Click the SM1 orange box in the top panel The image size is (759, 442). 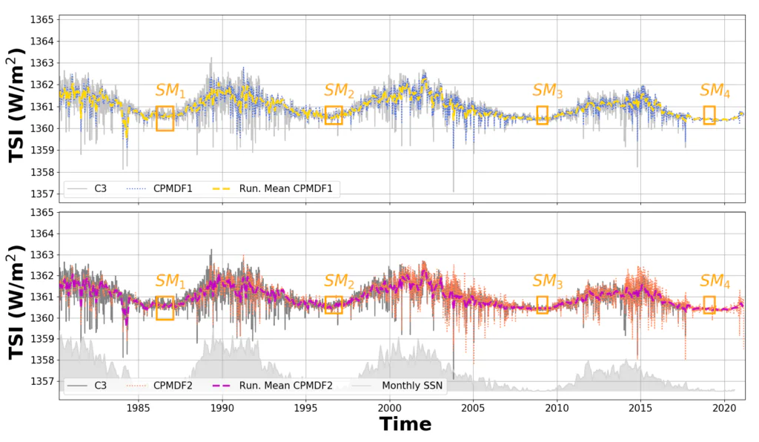(165, 119)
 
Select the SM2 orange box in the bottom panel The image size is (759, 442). (334, 305)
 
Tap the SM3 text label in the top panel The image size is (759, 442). (548, 90)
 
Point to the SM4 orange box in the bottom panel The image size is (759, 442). (709, 305)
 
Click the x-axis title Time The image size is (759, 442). (405, 424)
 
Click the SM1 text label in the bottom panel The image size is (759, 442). (170, 282)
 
